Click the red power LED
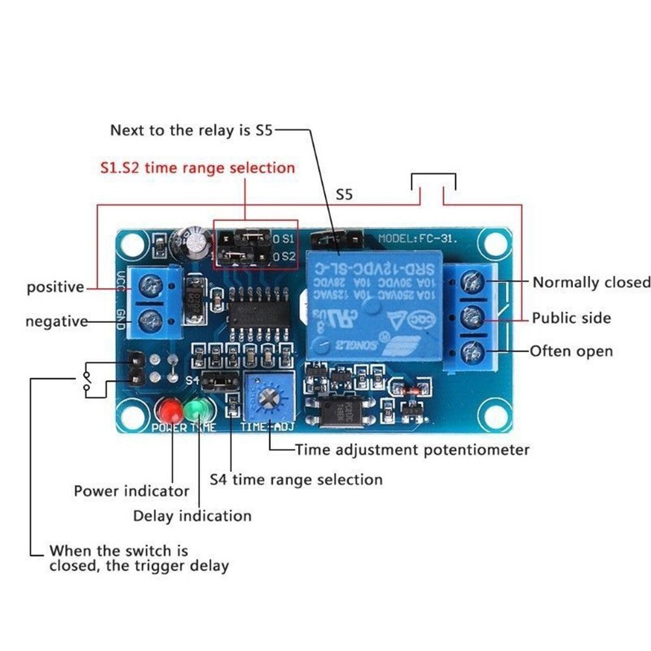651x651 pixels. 172,410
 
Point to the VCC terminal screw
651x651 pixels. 151,284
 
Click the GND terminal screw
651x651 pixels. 151,320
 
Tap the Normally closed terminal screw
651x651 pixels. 473,282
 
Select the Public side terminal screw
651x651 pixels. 473,318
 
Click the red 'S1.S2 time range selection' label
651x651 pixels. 197,168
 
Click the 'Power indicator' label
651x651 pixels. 132,491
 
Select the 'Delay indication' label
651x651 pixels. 192,516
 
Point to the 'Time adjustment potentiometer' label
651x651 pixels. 412,450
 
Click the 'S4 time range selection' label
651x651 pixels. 296,480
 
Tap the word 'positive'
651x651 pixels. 55,287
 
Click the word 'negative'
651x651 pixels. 57,322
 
